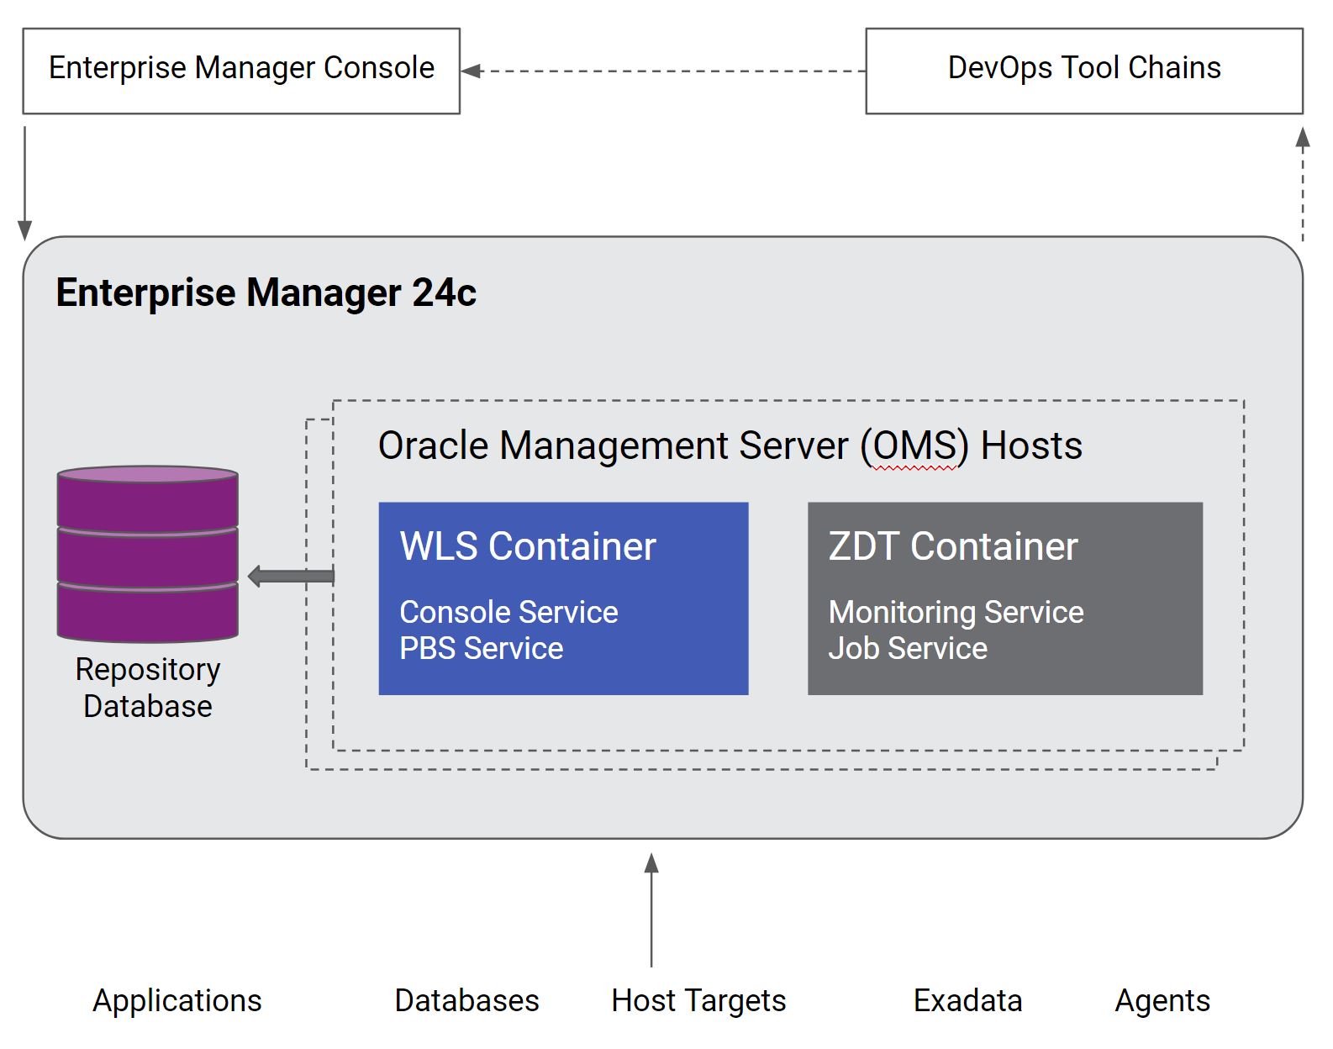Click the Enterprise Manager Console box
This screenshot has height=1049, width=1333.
241,70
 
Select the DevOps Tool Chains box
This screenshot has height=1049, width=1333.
1083,70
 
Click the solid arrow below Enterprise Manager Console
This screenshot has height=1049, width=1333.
25,181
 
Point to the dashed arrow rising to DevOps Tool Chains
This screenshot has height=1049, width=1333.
1302,185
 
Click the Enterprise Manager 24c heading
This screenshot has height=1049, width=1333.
266,293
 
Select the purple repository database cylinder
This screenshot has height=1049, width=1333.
148,555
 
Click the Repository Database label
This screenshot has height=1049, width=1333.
148,688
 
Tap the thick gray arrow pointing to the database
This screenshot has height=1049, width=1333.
291,577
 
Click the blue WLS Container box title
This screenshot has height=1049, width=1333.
528,546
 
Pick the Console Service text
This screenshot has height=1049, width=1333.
508,613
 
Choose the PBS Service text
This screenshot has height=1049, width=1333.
481,649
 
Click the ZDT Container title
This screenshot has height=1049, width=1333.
952,546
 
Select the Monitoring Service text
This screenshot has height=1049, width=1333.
956,613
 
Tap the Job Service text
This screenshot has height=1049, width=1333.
908,649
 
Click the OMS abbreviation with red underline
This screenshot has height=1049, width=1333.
914,446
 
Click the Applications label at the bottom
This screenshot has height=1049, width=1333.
177,1001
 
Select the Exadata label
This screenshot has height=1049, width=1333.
967,1001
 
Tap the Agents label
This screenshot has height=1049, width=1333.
1162,1001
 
